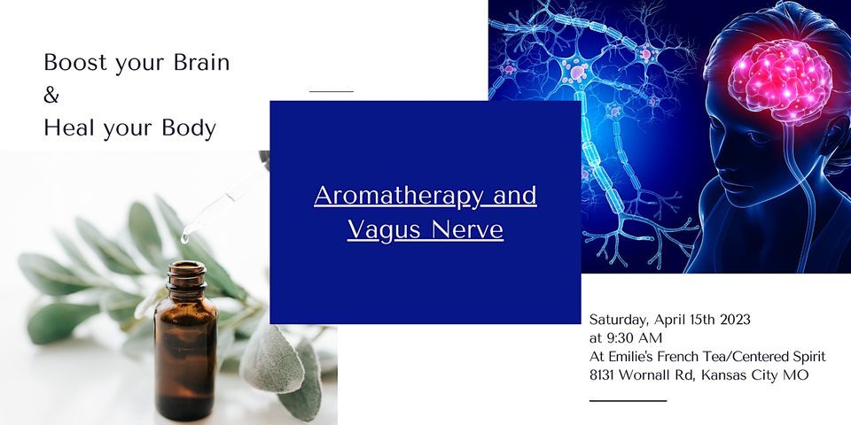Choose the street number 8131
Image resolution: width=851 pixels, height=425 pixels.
(x=605, y=375)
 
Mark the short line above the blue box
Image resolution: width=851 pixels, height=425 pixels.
(x=331, y=91)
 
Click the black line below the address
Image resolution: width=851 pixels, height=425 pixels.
(x=627, y=401)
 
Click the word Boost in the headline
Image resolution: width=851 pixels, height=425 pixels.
(x=69, y=64)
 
